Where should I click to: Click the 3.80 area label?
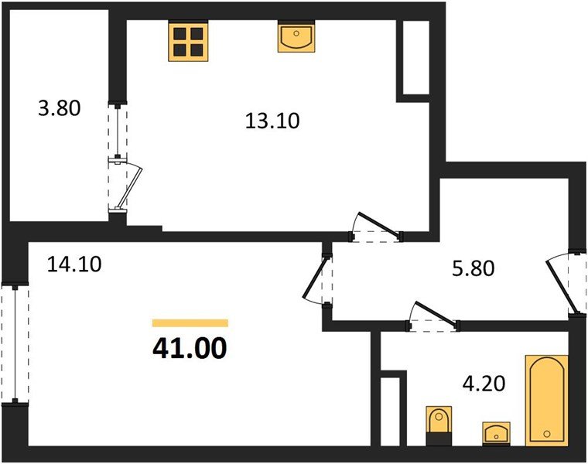coord(59,108)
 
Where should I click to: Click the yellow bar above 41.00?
coord(190,323)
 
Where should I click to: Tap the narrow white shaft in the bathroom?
coord(393,410)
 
